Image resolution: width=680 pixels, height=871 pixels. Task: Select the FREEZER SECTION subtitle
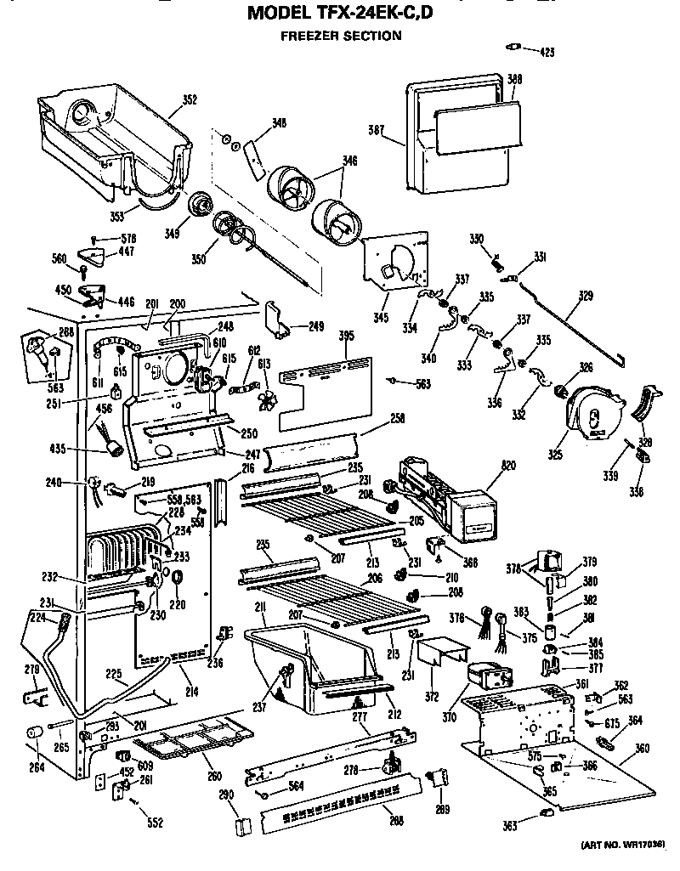[341, 36]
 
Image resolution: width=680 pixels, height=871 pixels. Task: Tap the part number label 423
[547, 53]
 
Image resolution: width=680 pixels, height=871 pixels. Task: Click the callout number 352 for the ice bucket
[189, 99]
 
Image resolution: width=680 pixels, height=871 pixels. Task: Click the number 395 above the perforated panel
[345, 337]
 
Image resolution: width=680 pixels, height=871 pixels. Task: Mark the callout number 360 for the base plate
[642, 749]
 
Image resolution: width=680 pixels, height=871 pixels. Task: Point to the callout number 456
[105, 410]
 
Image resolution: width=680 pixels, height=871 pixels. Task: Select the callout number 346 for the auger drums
[349, 159]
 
